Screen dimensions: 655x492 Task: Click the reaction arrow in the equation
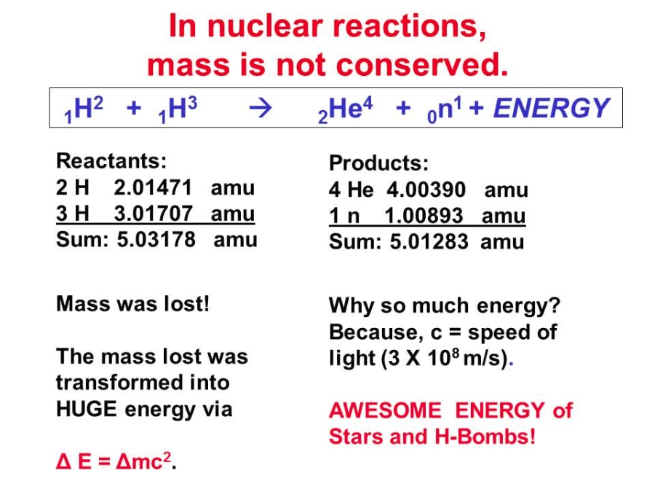[x=261, y=109]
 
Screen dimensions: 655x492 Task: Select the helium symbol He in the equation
[x=345, y=109]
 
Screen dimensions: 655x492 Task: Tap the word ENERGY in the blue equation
[x=552, y=108]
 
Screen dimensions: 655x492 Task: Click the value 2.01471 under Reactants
[x=153, y=187]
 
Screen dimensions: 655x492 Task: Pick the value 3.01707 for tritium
[x=154, y=214]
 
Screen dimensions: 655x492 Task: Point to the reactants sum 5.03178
[x=156, y=240]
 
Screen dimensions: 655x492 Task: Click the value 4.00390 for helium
[x=426, y=190]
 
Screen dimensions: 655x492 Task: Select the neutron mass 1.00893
[x=424, y=216]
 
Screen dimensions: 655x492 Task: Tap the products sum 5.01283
[x=429, y=242]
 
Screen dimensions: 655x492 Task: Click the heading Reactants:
[x=111, y=161]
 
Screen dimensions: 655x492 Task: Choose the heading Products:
[x=379, y=163]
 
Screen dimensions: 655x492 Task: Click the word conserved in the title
[x=422, y=66]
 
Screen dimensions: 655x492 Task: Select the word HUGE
[x=87, y=409]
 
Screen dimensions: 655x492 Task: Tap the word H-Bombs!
[x=485, y=437]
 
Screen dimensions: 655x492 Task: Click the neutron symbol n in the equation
[x=445, y=109]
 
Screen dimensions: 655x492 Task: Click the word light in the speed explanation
[x=352, y=359]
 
